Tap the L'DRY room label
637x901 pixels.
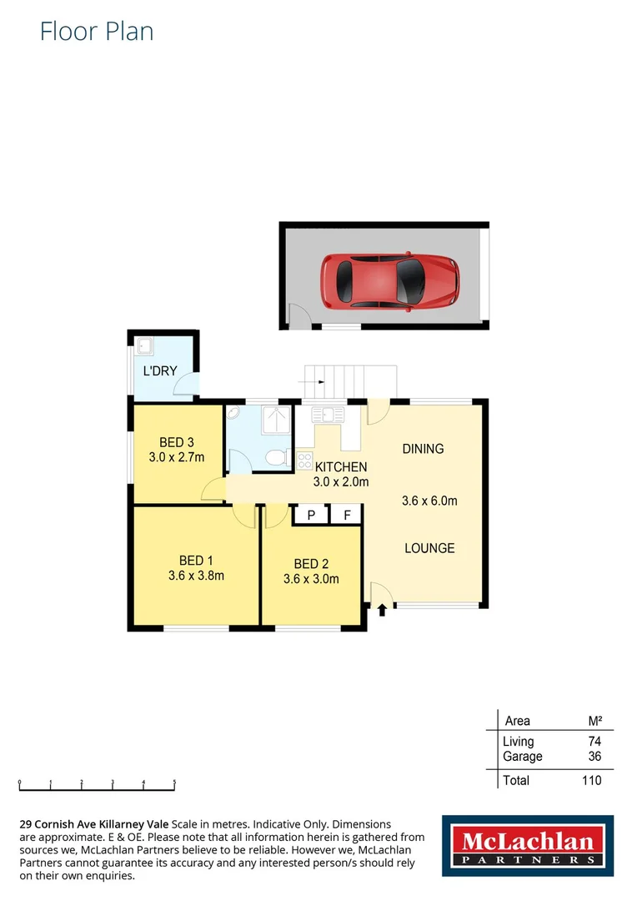point(160,370)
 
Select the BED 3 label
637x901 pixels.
point(177,442)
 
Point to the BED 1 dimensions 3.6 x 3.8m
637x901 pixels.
point(196,575)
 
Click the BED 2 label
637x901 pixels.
point(311,565)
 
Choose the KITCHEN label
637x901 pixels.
point(341,467)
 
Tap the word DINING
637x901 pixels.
point(423,449)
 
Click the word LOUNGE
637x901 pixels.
point(429,548)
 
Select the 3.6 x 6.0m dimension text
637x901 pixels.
point(429,501)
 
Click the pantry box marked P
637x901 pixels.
point(311,516)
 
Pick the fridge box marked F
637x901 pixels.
point(347,516)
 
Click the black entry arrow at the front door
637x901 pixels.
point(382,610)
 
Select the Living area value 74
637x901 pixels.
point(594,741)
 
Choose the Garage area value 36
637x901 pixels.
point(594,757)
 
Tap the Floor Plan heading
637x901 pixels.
point(97,32)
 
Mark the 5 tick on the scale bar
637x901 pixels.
point(174,783)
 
